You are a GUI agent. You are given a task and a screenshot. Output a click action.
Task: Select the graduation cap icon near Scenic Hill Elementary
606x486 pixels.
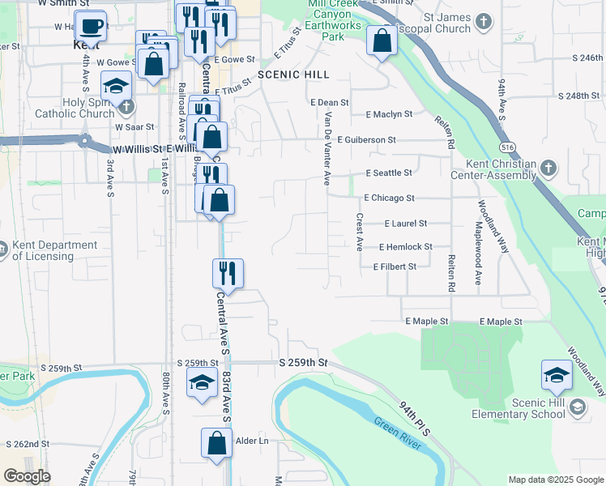(557, 374)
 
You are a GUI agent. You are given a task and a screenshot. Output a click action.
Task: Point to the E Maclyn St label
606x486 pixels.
(389, 114)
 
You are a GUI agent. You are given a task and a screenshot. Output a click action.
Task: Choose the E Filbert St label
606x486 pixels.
(395, 266)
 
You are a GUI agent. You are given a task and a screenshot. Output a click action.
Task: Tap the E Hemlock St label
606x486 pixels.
(405, 246)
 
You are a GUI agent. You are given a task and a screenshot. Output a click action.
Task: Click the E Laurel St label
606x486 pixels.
(405, 223)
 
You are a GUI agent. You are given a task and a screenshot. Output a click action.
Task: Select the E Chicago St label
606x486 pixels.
(389, 198)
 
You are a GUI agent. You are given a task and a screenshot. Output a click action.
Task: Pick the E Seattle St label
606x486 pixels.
(389, 173)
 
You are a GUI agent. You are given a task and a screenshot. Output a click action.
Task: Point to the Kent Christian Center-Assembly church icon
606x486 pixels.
(548, 168)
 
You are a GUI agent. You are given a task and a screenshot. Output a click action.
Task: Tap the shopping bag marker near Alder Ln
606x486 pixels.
(216, 443)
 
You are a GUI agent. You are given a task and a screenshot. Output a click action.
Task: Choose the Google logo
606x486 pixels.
(27, 476)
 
